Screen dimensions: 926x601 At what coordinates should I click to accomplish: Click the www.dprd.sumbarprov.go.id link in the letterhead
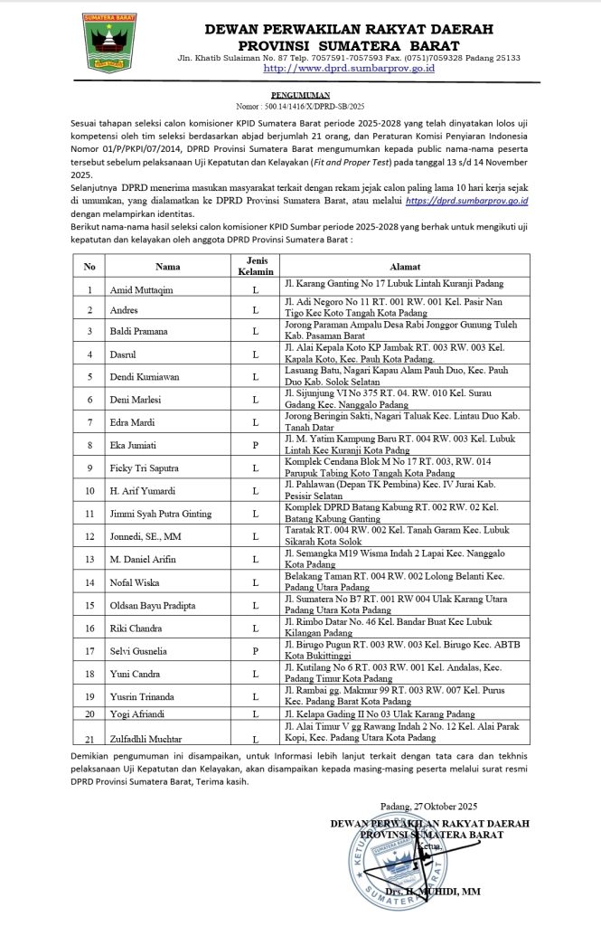click(348, 68)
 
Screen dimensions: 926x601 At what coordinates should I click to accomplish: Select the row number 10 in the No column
click(89, 491)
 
